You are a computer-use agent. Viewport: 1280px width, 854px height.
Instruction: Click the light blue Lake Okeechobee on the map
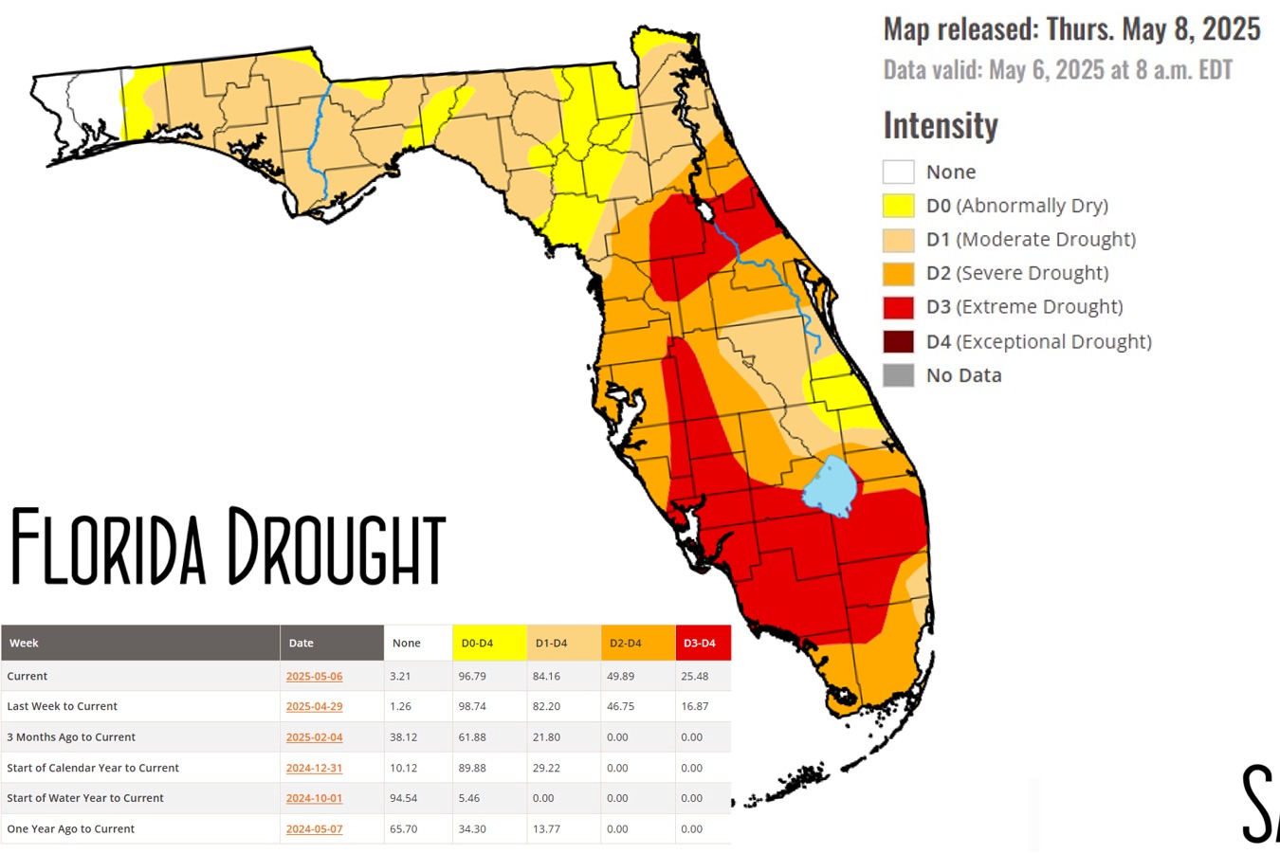[831, 486]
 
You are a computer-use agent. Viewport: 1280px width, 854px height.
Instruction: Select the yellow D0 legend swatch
[898, 206]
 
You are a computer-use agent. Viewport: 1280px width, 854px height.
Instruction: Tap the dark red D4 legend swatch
[898, 341]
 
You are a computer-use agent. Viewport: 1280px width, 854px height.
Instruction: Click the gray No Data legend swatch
[898, 375]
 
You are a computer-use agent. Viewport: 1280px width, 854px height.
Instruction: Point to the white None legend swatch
[898, 172]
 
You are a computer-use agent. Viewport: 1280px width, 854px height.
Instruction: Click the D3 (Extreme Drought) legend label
[1025, 307]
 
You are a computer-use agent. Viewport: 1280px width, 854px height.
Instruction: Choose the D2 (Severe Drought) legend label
[1017, 273]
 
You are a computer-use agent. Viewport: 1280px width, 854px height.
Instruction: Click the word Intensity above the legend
[941, 125]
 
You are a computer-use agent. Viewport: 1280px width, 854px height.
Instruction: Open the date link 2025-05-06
[314, 677]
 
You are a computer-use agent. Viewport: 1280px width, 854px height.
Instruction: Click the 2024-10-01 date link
[314, 798]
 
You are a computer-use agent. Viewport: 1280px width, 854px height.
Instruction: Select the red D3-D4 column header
[703, 643]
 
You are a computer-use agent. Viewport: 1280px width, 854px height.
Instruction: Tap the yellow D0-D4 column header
[489, 643]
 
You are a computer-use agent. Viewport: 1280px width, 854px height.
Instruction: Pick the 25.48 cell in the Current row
[694, 677]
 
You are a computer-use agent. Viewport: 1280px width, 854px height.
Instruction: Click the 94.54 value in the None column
[403, 798]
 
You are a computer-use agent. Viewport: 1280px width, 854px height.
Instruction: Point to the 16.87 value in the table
[694, 707]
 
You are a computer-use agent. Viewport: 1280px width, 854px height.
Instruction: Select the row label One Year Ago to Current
[71, 828]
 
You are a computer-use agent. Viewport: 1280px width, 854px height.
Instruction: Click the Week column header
[24, 643]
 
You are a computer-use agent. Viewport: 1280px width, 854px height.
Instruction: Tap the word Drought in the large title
[337, 547]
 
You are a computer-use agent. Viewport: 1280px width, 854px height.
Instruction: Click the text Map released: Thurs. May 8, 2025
[1072, 29]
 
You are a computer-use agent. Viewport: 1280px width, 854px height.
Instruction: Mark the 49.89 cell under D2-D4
[621, 677]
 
